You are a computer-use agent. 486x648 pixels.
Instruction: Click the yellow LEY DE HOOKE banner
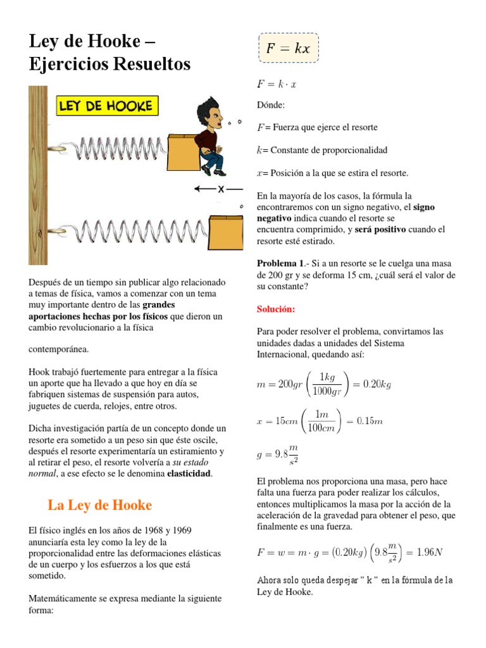tap(108, 106)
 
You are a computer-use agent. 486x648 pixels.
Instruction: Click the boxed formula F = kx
tap(289, 49)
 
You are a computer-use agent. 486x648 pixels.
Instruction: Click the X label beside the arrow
tap(221, 189)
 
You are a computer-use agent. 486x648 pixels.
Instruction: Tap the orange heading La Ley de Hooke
tap(100, 505)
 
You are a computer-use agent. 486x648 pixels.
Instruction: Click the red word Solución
tap(276, 309)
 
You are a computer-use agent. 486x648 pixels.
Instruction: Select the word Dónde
tap(270, 104)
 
